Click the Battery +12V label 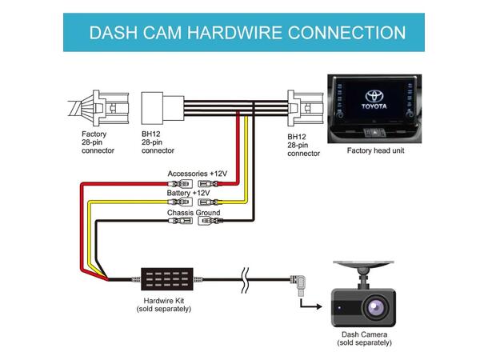(189, 193)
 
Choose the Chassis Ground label (194, 213)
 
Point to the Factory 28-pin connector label (98, 142)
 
